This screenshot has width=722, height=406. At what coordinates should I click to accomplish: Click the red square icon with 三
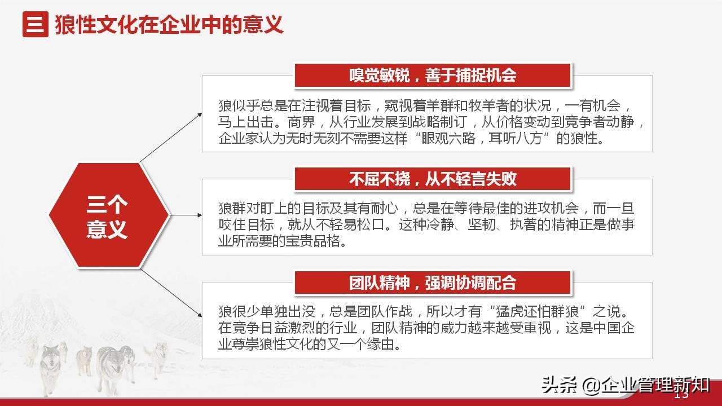(35, 25)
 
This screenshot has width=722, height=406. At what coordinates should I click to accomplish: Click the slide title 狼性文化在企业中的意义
(169, 25)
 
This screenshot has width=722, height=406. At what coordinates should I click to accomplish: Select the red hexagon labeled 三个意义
(108, 215)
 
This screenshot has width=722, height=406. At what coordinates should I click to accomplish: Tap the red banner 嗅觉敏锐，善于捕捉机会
(433, 76)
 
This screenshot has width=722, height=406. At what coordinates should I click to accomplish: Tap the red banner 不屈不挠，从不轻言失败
(433, 179)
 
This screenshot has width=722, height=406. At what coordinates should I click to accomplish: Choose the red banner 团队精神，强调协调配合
(433, 283)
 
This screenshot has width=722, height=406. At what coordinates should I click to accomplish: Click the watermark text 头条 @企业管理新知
(625, 386)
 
